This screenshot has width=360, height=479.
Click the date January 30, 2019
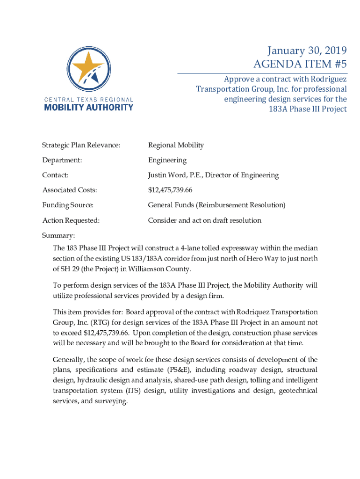[307, 51]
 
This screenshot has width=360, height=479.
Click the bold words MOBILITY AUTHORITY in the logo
[88, 107]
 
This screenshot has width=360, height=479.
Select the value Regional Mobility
[176, 145]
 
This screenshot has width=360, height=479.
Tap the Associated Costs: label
[70, 190]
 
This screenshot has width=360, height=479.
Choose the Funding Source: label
[68, 205]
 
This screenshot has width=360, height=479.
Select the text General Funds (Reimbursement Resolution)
[216, 205]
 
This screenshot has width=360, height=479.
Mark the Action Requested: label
[71, 220]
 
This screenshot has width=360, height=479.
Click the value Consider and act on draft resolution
[204, 220]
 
